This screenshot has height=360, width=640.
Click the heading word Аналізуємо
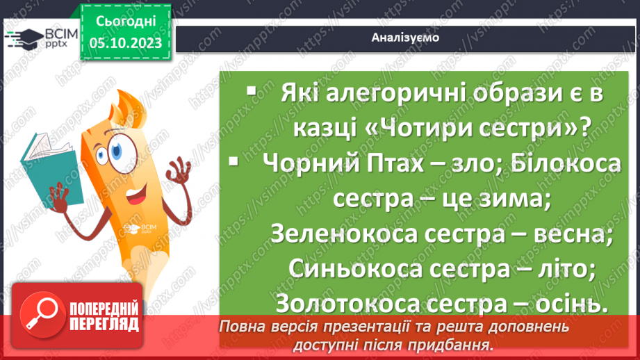pos(404,38)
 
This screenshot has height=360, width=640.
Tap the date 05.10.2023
pos(125,43)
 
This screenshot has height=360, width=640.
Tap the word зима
pos(511,199)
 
